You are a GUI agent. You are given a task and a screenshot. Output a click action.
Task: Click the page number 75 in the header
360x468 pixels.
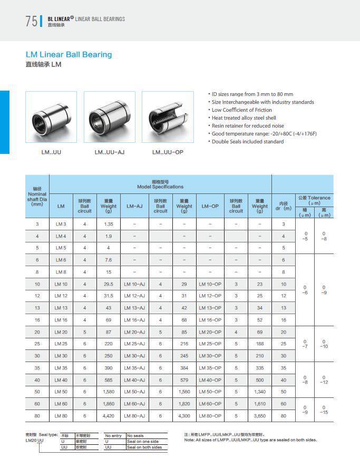[x=31, y=21]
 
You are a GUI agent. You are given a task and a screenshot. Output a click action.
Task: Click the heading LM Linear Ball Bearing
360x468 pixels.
[x=69, y=54]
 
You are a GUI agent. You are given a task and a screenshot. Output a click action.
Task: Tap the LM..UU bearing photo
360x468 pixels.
[x=51, y=117]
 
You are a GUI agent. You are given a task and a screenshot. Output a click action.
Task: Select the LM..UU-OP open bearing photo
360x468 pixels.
[x=168, y=117]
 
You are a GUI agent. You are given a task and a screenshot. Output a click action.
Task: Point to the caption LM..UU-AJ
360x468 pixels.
[x=109, y=152]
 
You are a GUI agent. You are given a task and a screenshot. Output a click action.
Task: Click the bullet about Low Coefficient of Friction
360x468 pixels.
[x=241, y=110]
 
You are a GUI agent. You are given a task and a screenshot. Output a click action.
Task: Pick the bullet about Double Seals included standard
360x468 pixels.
[x=247, y=142]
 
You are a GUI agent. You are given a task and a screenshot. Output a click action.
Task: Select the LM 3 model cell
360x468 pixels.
[x=61, y=225]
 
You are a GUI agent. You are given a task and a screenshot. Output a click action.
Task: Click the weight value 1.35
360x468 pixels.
[x=109, y=225]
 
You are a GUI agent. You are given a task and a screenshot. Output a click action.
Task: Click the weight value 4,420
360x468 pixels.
[x=109, y=416]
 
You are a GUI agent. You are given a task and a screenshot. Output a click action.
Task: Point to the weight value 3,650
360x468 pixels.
[x=259, y=416]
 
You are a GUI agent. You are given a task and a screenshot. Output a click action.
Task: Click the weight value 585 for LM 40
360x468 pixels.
[x=109, y=380]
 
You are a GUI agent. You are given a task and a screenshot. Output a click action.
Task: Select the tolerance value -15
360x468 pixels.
[x=324, y=413]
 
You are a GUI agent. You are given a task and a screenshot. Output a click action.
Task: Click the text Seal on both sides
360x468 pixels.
[x=144, y=447]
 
